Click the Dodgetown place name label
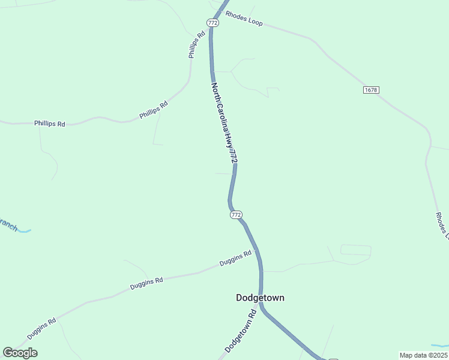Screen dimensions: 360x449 (260, 298)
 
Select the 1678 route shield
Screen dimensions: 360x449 (371, 90)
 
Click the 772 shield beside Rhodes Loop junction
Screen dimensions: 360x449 (212, 22)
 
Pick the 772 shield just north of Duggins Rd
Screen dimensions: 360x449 (236, 214)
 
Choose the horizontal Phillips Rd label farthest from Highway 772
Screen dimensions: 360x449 (49, 124)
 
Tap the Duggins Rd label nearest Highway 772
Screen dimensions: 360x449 (235, 259)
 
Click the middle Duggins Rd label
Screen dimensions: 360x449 (146, 283)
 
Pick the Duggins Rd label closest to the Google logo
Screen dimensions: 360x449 (41, 328)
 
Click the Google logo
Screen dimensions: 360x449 (20, 353)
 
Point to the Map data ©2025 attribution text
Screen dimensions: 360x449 (423, 355)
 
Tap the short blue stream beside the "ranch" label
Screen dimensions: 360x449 (25, 230)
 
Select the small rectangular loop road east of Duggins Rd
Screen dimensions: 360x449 (355, 250)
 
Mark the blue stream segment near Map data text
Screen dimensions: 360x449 (439, 346)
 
